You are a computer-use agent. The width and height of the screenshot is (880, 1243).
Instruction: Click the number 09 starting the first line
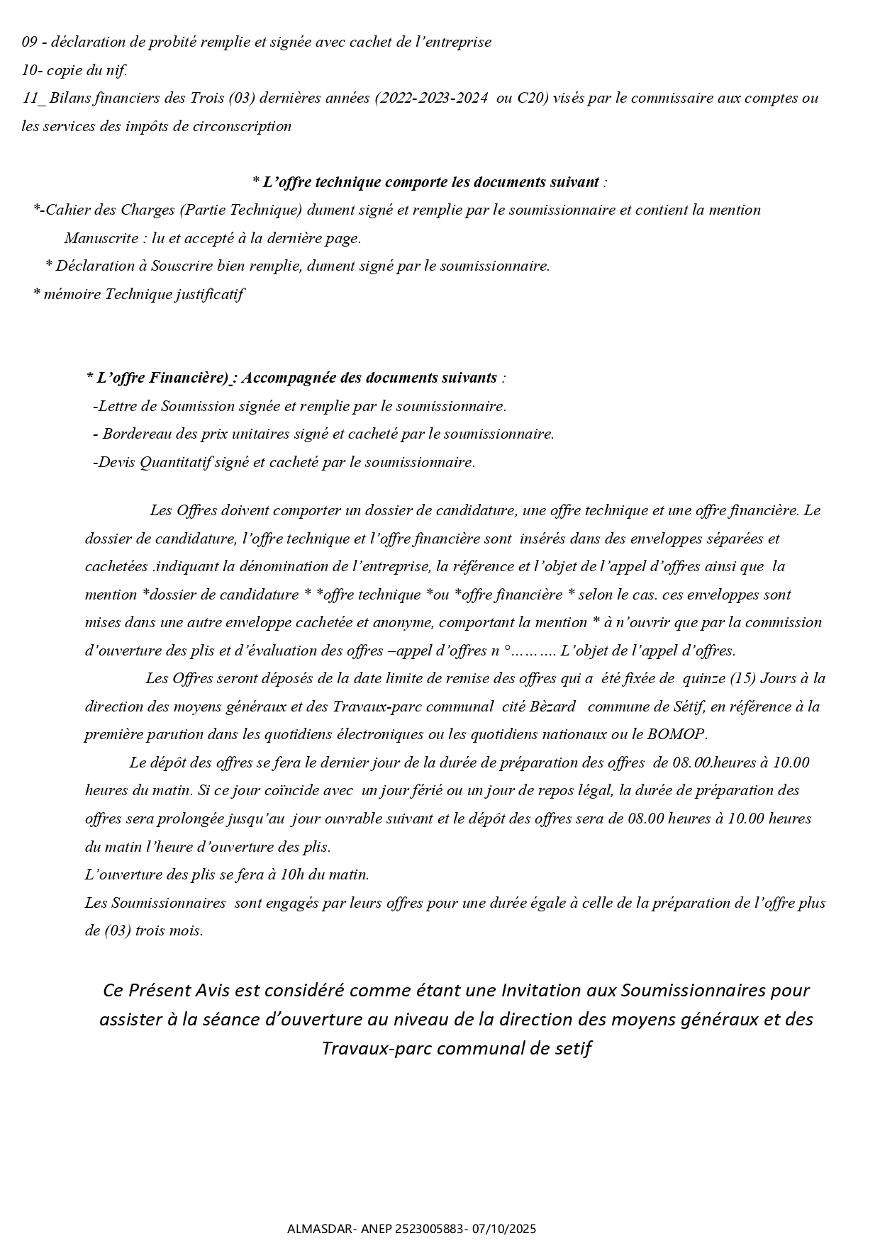30,42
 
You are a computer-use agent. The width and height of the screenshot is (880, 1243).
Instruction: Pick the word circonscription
244,126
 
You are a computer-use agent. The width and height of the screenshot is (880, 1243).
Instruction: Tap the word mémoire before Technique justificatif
72,294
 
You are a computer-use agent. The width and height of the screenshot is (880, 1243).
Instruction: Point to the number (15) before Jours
742,678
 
